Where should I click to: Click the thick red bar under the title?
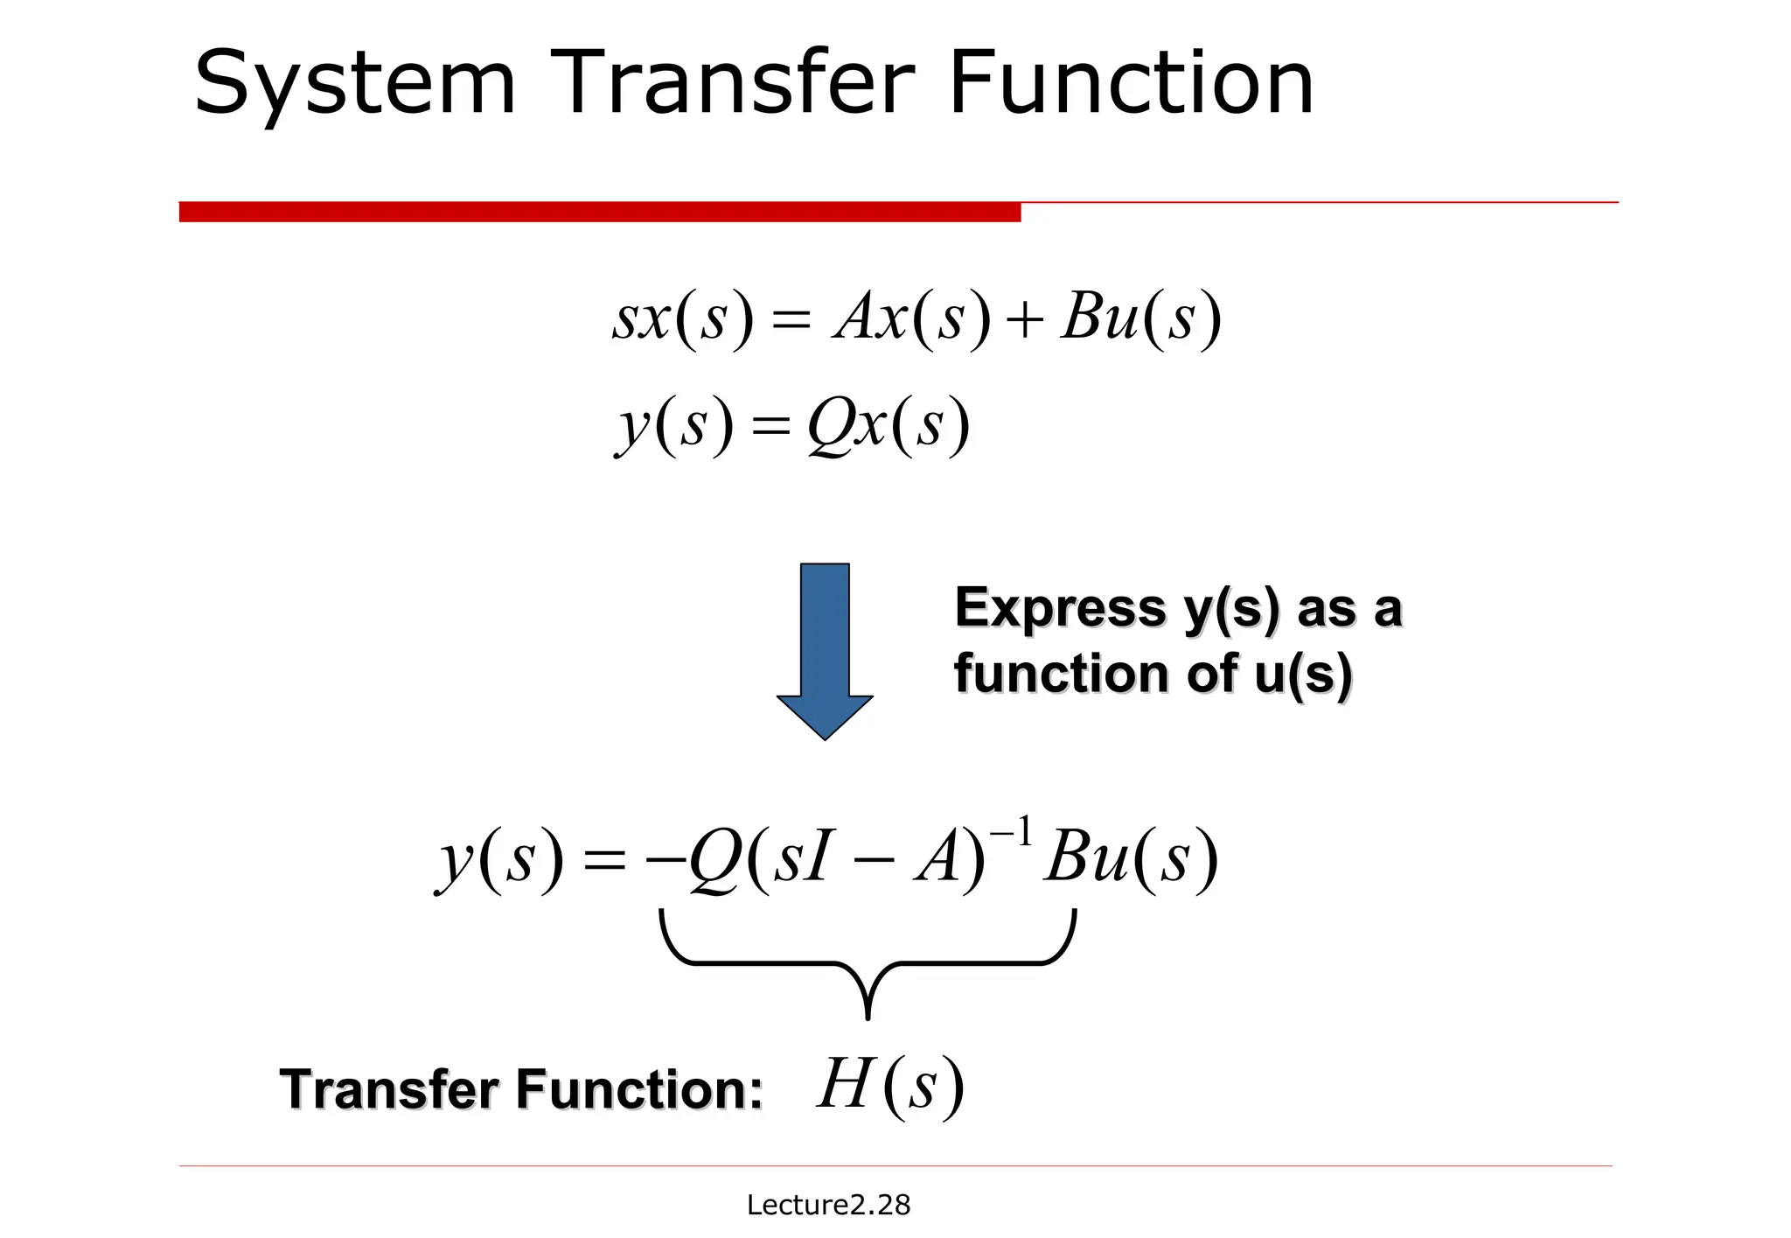tap(599, 212)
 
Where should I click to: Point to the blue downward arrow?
tap(825, 647)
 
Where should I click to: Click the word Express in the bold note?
tap(1060, 608)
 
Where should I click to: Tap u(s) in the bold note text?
tap(1303, 675)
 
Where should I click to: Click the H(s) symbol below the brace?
tap(890, 1087)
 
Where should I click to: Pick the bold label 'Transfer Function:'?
tap(521, 1090)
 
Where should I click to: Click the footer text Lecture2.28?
tap(828, 1205)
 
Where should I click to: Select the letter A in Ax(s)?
tap(855, 317)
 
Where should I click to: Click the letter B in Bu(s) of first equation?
tap(1082, 317)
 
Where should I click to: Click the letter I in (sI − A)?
tap(816, 858)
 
